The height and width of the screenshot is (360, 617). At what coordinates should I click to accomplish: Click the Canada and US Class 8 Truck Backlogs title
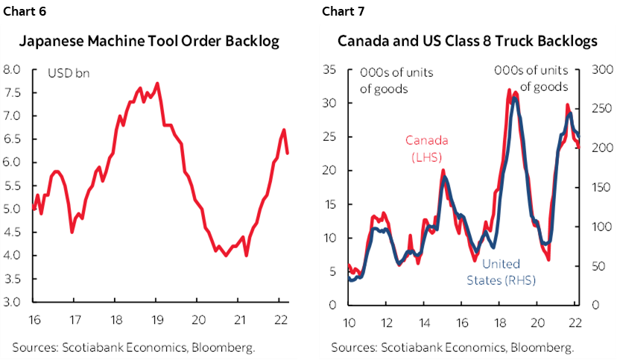(467, 42)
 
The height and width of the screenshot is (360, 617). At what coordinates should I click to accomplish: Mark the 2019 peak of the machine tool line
(156, 83)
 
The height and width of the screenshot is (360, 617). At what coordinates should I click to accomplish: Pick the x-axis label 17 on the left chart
(73, 321)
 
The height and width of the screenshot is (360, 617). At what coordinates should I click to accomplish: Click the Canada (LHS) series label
(423, 147)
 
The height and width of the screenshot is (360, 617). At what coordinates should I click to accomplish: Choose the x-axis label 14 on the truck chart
(422, 321)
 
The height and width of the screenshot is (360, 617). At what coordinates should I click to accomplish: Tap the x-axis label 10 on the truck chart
(349, 321)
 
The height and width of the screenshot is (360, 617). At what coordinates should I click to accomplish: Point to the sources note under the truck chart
(452, 347)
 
